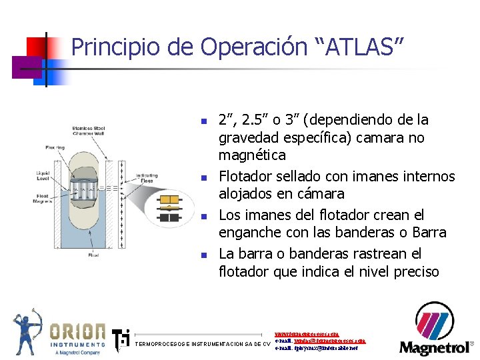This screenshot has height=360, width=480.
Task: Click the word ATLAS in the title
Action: [359, 47]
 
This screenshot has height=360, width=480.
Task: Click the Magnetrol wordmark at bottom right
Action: [434, 347]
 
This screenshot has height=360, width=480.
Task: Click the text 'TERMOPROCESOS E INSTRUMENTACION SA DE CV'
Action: [203, 344]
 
